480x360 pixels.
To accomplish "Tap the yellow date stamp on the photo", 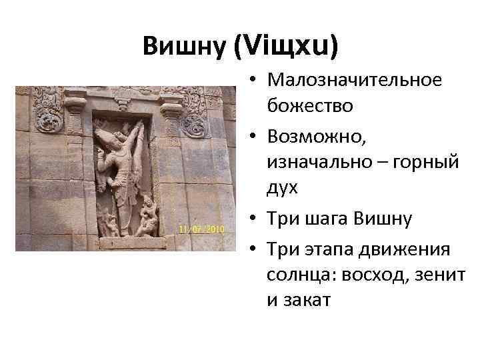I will [x=201, y=229].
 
